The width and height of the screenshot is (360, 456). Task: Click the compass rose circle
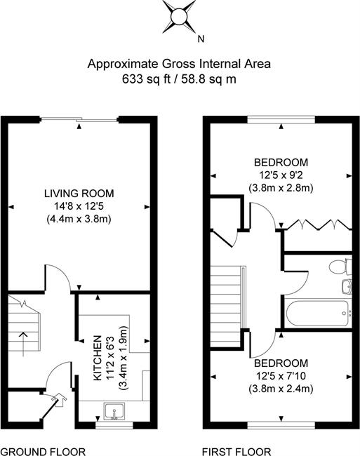tap(178, 17)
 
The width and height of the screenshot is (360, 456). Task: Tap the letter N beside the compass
tap(201, 39)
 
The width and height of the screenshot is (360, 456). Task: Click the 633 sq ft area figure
tap(146, 79)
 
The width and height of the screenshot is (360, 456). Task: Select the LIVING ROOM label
tap(79, 194)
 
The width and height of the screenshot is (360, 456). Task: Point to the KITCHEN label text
tap(98, 358)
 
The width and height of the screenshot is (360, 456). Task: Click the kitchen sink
tap(114, 412)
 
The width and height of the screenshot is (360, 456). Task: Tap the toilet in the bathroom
tap(340, 266)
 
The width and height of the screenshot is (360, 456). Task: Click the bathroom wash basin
tap(347, 287)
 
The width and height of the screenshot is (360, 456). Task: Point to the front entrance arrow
tap(60, 400)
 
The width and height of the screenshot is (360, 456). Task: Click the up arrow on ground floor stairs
tap(23, 344)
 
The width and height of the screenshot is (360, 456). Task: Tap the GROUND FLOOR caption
tap(43, 452)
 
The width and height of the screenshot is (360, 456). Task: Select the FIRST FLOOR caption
tap(236, 452)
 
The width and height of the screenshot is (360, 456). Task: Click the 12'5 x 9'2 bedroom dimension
tap(281, 175)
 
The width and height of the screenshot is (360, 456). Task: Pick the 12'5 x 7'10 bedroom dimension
tap(281, 376)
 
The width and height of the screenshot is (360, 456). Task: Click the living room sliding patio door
tap(79, 119)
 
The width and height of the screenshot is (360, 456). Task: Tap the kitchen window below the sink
tap(114, 425)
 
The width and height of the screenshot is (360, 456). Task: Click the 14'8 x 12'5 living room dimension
tap(79, 206)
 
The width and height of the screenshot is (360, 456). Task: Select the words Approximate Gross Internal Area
tap(179, 64)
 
